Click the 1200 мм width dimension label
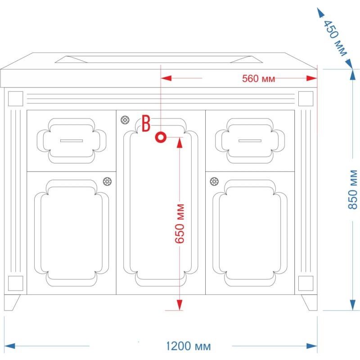188,346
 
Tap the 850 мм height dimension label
353,189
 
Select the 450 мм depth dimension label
335,38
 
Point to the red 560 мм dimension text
258,78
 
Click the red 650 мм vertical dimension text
180,223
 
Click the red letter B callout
146,123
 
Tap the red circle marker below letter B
161,137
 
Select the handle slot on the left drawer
72,141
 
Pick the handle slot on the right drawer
250,141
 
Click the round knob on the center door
125,120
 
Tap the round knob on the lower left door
107,181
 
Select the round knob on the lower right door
214,181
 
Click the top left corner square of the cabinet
16,99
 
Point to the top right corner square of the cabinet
306,99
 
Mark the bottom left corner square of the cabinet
16,283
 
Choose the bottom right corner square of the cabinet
306,283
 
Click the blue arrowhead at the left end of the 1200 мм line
9,346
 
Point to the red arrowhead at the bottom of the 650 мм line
180,305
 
